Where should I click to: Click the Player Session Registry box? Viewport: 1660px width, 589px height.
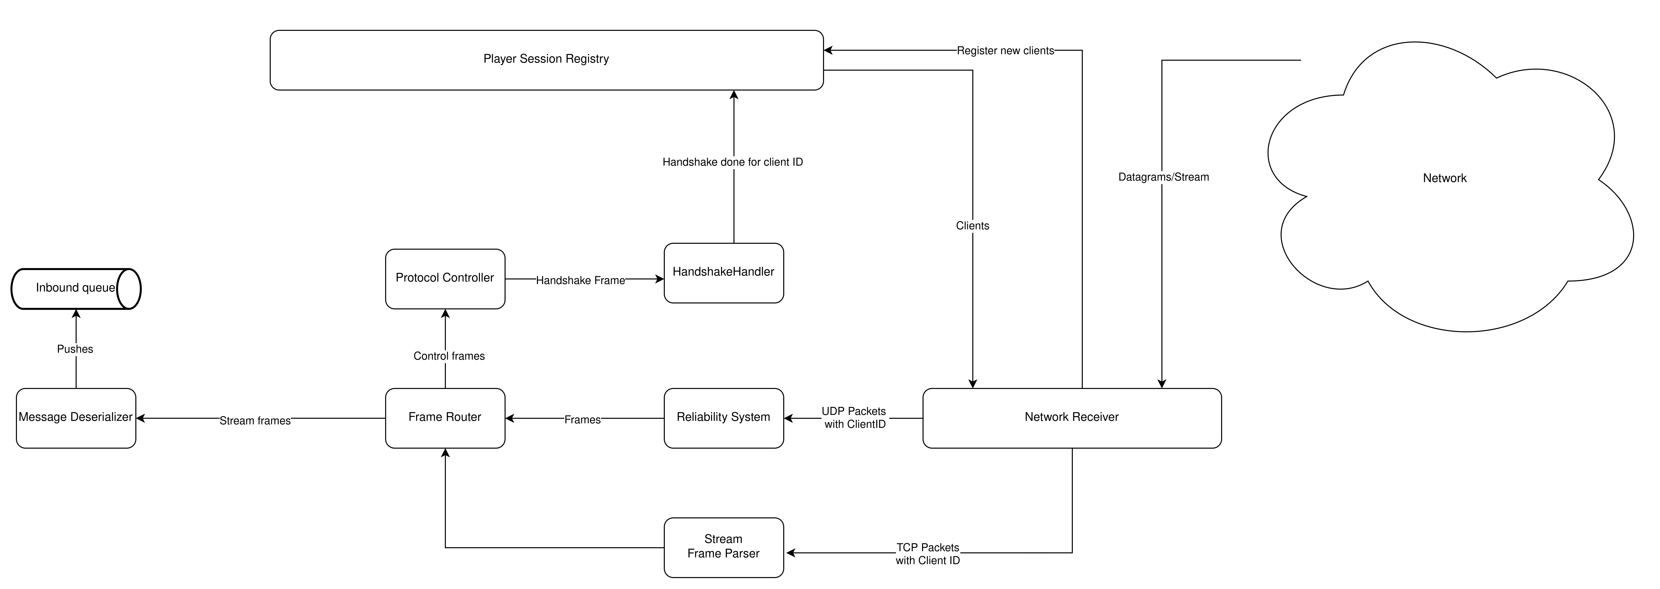pyautogui.click(x=546, y=60)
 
